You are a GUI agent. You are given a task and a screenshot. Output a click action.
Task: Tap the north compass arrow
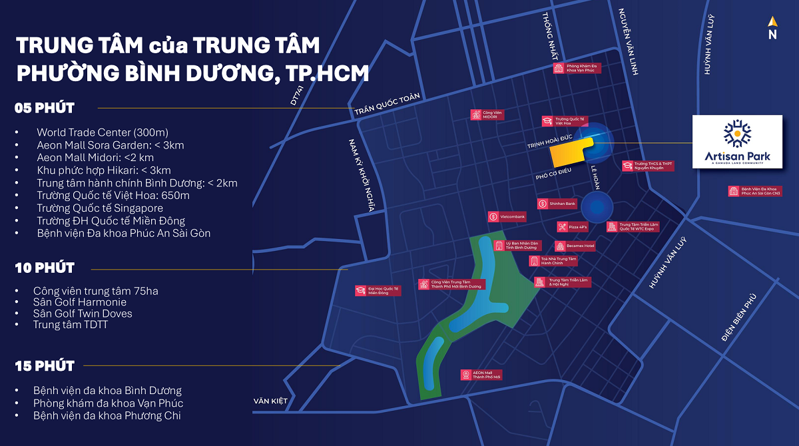click(772, 28)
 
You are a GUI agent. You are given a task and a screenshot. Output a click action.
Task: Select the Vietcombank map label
click(507, 216)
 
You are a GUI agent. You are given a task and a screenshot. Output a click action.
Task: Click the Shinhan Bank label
click(557, 203)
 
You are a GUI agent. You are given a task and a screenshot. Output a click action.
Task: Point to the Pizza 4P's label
click(573, 227)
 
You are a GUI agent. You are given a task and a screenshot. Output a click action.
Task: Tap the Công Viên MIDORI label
click(487, 114)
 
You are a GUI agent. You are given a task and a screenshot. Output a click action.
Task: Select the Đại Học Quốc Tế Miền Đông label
click(378, 291)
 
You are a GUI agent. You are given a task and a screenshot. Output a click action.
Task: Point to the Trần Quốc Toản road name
click(387, 103)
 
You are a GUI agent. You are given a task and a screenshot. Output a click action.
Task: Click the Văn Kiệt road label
click(270, 401)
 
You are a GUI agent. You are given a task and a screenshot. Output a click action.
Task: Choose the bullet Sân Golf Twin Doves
click(83, 314)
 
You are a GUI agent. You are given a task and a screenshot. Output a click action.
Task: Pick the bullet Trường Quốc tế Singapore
click(100, 208)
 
